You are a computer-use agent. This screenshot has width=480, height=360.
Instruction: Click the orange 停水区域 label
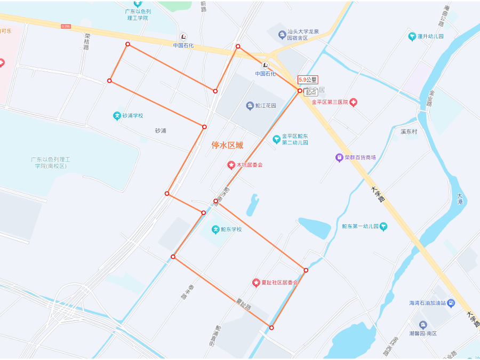(227, 145)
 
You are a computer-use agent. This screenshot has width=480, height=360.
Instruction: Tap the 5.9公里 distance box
(308, 79)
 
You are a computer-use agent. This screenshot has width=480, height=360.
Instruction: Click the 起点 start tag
(311, 92)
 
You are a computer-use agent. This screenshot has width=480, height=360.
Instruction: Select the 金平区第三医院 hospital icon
(353, 102)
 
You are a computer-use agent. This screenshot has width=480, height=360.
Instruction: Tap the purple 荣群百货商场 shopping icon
(339, 157)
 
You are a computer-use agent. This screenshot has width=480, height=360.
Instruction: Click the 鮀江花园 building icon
(250, 106)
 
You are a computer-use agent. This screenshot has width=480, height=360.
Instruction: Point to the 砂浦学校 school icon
(117, 116)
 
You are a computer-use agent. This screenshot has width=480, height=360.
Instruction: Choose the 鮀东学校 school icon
(216, 229)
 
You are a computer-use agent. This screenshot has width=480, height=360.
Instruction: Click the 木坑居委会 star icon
(231, 165)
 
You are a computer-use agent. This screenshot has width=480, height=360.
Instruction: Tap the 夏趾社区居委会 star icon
(256, 282)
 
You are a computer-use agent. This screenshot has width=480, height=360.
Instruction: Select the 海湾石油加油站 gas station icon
(451, 303)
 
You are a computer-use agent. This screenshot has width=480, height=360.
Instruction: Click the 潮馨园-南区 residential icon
(423, 325)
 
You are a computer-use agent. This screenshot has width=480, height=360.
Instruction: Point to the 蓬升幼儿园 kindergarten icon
(412, 36)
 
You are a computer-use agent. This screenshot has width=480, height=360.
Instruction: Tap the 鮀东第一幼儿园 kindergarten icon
(383, 226)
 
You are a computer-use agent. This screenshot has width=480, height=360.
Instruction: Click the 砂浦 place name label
(161, 131)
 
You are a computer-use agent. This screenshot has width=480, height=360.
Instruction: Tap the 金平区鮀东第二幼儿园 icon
(276, 139)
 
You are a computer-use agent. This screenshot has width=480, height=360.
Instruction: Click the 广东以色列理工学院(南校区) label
(51, 163)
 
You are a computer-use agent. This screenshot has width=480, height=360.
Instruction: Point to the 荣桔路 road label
(87, 42)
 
